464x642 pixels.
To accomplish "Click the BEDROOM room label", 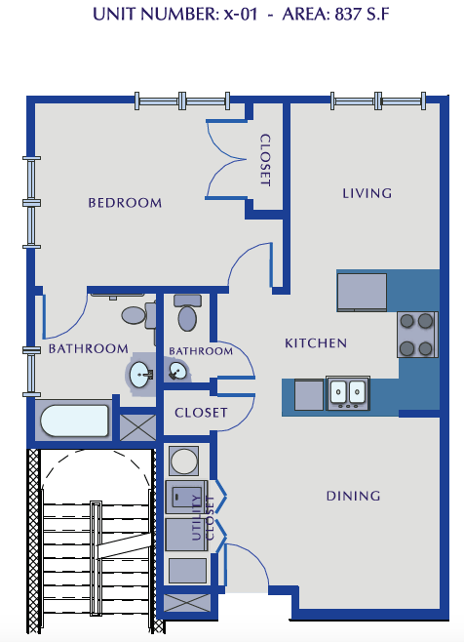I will pyautogui.click(x=125, y=203).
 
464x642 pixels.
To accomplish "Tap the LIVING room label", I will pyautogui.click(x=367, y=193).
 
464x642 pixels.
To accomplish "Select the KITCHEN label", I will pyautogui.click(x=316, y=343).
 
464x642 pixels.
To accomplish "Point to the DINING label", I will pyautogui.click(x=353, y=496).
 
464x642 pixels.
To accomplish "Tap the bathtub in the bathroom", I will pyautogui.click(x=74, y=421).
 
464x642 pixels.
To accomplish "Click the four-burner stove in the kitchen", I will pyautogui.click(x=416, y=335).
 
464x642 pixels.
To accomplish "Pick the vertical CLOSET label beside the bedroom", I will pyautogui.click(x=264, y=160).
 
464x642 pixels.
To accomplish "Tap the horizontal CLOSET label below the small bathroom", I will pyautogui.click(x=201, y=413).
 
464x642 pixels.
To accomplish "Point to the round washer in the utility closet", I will pyautogui.click(x=183, y=460).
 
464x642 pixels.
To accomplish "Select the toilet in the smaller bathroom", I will pyautogui.click(x=187, y=315).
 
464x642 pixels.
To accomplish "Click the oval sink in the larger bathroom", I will pyautogui.click(x=140, y=373).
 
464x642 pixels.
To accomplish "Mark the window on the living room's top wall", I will pyautogui.click(x=378, y=99).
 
